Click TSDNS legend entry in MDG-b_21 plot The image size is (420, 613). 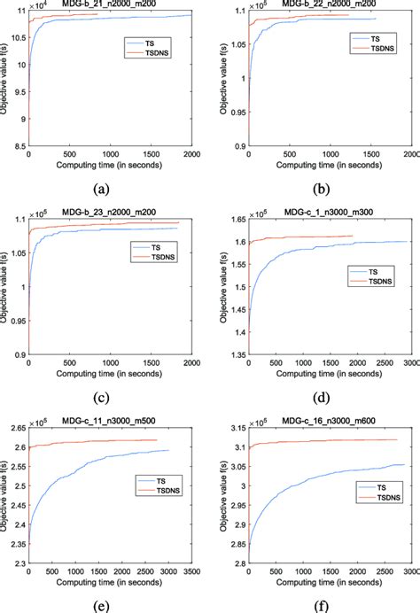150,50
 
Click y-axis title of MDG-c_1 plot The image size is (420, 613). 219,289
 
